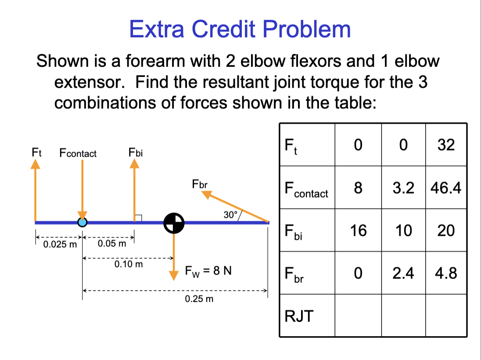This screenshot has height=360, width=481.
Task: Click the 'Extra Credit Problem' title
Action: pos(240,29)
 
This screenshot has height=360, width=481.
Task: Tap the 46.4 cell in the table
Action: pos(446,188)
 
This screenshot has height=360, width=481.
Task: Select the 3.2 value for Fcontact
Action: pos(403,188)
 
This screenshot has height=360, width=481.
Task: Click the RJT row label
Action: pos(299,316)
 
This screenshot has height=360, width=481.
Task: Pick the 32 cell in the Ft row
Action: pos(446,145)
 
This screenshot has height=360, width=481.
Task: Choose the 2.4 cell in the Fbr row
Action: pos(403,273)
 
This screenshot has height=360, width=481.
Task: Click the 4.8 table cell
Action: pos(446,273)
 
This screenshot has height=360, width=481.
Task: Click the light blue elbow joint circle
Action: pos(82,222)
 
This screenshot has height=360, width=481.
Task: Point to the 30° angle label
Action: pos(230,215)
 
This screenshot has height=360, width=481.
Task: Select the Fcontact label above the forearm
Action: pos(78,153)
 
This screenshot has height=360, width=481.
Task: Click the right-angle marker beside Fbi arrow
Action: pos(138,217)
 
